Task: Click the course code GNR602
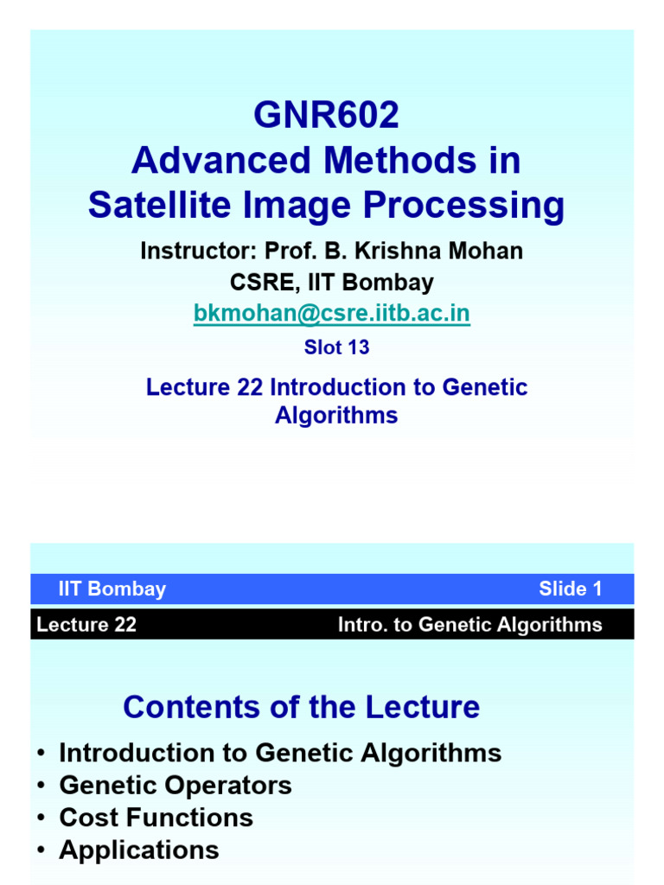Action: pyautogui.click(x=326, y=116)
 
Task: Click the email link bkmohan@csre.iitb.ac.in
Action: pyautogui.click(x=332, y=314)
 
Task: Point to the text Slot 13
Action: pyautogui.click(x=336, y=347)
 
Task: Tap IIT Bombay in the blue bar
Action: pyautogui.click(x=112, y=589)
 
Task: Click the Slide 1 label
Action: pyautogui.click(x=570, y=589)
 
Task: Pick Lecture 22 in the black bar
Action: pyautogui.click(x=86, y=625)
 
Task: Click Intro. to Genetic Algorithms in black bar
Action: pyautogui.click(x=469, y=625)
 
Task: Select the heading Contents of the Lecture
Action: pyautogui.click(x=301, y=707)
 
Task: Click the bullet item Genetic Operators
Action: pyautogui.click(x=176, y=786)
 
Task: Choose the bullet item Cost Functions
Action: pyautogui.click(x=156, y=818)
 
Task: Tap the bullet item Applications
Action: pyautogui.click(x=139, y=850)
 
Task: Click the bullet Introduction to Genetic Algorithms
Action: pyautogui.click(x=280, y=753)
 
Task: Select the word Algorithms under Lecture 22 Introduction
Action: pyautogui.click(x=336, y=415)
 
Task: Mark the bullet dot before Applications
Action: pyautogui.click(x=41, y=850)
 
